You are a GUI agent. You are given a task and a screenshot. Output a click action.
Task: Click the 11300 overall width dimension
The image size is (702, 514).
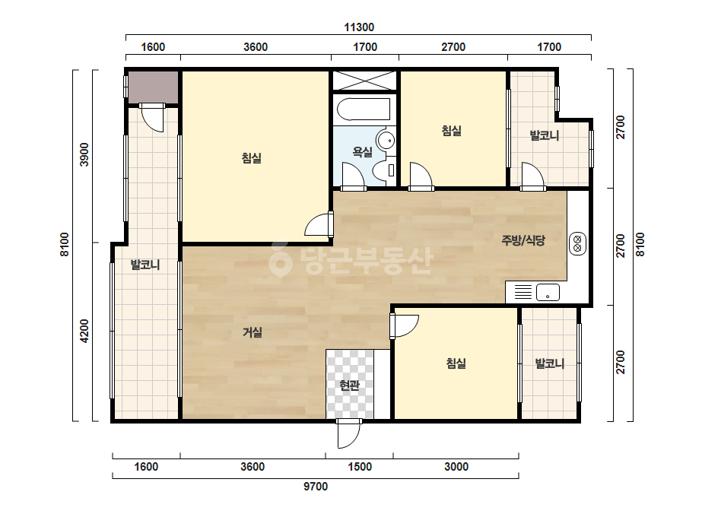click(x=359, y=27)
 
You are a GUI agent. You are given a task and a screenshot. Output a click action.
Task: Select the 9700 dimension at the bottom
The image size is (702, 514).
click(x=316, y=486)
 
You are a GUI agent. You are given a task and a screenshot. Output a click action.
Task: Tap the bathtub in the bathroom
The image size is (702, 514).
click(x=364, y=109)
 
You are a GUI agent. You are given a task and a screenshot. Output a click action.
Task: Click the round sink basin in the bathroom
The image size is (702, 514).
click(x=385, y=140)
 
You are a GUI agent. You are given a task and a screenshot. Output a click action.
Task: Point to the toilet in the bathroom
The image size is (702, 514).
click(x=385, y=170)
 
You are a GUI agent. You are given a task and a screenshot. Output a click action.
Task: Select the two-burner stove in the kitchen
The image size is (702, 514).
click(x=577, y=244)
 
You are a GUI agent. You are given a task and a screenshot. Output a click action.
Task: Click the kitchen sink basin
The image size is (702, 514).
click(x=548, y=293)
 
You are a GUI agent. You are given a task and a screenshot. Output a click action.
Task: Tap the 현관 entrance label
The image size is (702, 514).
click(x=349, y=385)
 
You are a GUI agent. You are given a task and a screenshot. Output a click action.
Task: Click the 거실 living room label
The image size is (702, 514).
click(x=252, y=332)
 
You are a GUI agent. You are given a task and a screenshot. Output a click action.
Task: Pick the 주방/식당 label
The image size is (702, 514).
click(x=523, y=240)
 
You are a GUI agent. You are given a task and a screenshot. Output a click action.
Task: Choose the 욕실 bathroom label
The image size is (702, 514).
click(x=362, y=152)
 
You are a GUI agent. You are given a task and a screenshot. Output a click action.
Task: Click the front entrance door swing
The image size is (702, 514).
click(x=349, y=433)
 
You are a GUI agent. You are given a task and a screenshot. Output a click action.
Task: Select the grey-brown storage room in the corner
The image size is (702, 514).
click(x=154, y=87)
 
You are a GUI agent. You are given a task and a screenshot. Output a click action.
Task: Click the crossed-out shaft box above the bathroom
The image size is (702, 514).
click(x=364, y=81)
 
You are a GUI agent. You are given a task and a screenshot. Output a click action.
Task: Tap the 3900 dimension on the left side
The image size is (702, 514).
click(x=84, y=154)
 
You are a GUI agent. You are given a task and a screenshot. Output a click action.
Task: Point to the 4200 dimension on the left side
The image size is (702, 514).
click(x=84, y=332)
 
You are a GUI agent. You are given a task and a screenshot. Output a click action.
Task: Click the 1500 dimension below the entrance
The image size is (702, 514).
click(x=360, y=467)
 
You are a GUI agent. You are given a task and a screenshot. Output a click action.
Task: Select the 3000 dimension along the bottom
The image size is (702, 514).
click(x=456, y=467)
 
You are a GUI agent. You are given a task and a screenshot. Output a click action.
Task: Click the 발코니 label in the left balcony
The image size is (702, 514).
click(x=145, y=265)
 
